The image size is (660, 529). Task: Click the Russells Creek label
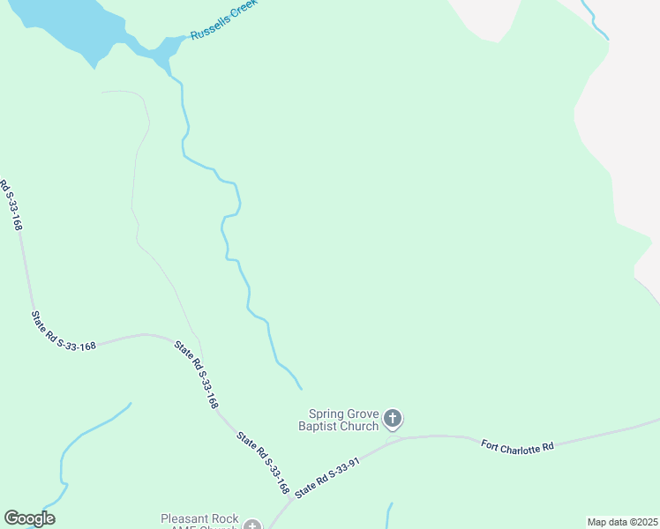point(224,24)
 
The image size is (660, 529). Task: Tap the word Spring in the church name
point(326,414)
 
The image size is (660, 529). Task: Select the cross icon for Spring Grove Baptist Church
point(393,418)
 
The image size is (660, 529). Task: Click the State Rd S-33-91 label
point(328,477)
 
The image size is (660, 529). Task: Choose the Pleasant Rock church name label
point(199,520)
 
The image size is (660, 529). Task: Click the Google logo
point(29,518)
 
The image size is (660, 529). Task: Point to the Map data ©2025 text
point(623,522)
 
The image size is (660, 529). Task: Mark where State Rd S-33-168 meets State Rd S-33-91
point(293,499)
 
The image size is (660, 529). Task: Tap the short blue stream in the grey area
point(596,19)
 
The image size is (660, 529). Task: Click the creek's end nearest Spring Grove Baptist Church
point(301,388)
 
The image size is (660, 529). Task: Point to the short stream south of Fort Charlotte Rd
point(388,516)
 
